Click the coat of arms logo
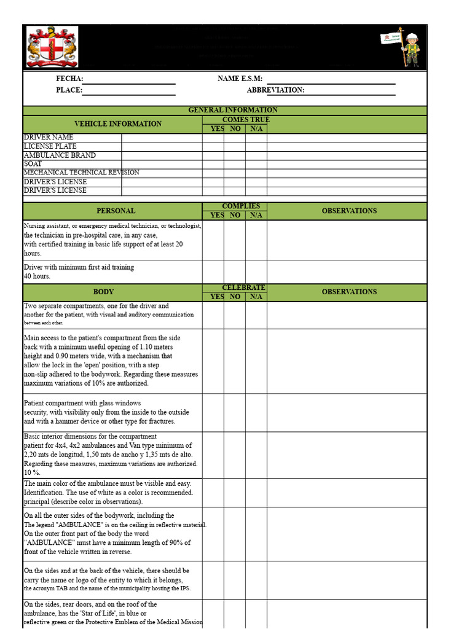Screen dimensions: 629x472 point(52,47)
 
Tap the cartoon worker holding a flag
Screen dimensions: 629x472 point(411,47)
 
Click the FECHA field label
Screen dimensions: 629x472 point(69,79)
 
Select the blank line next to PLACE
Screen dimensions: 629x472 point(128,91)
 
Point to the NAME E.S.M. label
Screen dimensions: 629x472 point(240,79)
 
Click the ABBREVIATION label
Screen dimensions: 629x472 point(275,90)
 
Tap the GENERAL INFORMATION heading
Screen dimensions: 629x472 point(232,110)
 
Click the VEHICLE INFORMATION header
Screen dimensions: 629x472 point(117,124)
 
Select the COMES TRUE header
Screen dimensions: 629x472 point(246,120)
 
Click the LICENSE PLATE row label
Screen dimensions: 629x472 point(50,146)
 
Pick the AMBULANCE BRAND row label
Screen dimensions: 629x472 point(60,155)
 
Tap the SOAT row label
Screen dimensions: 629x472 point(33,164)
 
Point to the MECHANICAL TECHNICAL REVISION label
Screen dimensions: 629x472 point(81,173)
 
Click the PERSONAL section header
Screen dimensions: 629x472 point(116,211)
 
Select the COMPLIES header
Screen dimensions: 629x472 point(241,206)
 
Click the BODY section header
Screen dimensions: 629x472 point(103,292)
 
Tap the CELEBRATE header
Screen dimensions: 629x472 point(243,287)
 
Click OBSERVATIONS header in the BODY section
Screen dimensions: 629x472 point(349,292)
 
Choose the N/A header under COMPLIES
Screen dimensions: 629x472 point(256,216)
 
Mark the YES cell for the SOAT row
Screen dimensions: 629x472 point(213,164)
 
